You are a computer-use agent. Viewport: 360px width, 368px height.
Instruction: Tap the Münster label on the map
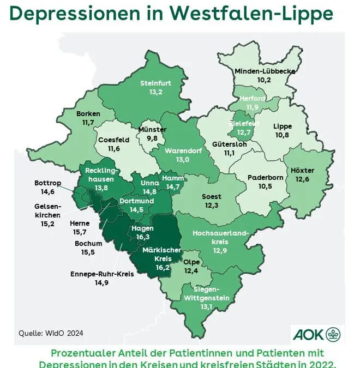[152, 130]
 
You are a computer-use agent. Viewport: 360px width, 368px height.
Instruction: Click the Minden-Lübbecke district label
[264, 71]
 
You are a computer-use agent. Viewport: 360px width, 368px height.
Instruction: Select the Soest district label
[212, 196]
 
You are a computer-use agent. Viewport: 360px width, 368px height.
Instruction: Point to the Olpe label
[191, 262]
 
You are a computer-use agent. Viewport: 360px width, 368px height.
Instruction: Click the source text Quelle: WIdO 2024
[51, 333]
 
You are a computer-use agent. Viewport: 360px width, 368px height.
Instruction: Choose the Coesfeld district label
[113, 140]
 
